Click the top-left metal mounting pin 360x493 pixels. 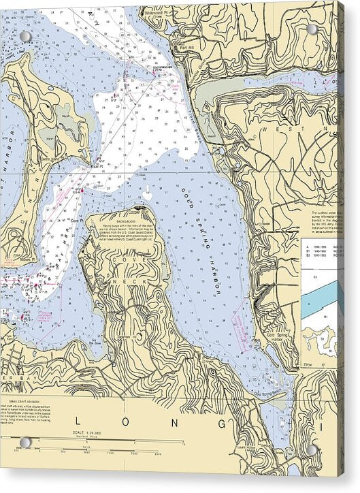(x=25, y=36)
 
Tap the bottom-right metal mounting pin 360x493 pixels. (x=312, y=449)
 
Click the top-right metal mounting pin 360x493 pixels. (x=312, y=29)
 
